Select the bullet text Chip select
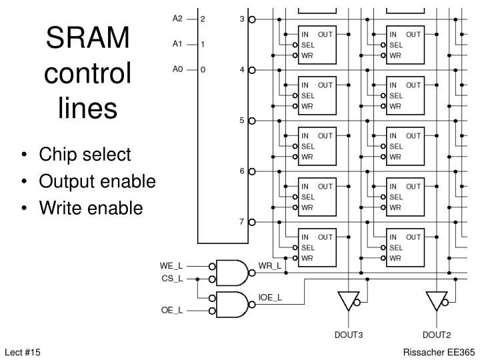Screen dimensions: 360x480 coord(85,155)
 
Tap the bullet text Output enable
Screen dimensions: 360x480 coord(97,181)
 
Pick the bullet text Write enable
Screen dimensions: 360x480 coord(91,208)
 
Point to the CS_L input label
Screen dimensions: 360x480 coord(171,278)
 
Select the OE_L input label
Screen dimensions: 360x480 coord(171,310)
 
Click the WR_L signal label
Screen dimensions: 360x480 coord(269,266)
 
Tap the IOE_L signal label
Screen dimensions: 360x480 coord(270,297)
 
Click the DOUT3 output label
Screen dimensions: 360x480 coord(347,335)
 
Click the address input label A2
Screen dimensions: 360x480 coord(177,19)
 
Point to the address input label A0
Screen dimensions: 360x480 coord(177,69)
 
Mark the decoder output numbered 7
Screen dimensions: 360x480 coord(243,221)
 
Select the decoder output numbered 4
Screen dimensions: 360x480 coord(243,69)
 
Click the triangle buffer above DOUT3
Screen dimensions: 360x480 coord(347,301)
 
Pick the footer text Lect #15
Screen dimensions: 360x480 coord(23,351)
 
